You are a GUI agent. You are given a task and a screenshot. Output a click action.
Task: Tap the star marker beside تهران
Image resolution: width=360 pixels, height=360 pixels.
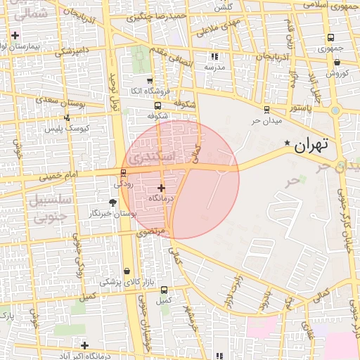coord(287,143)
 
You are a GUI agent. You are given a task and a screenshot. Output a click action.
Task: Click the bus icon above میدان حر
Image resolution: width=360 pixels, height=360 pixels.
coord(266,110)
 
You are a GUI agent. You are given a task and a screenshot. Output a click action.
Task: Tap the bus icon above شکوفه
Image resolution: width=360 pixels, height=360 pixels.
coord(157,105)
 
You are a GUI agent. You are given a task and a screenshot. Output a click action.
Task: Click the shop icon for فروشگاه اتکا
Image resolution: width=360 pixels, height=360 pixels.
coord(150,81)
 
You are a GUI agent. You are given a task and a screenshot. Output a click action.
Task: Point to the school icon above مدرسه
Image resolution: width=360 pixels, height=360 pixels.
coord(214,56)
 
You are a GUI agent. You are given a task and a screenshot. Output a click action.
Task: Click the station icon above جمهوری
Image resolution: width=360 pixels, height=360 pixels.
coord(330,38)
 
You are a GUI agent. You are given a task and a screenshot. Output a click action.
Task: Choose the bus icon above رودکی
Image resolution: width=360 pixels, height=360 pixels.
coord(124,173)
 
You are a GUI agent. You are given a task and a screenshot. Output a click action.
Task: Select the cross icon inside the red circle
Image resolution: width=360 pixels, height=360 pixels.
coord(162,188)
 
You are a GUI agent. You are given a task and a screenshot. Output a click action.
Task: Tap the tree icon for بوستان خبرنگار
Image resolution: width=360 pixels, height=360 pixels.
coord(112,202)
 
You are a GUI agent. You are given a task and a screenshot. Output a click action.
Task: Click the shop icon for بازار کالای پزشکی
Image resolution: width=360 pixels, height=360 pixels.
coord(127,271)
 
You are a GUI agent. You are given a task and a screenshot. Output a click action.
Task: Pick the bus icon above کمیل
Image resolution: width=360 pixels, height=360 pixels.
coord(164,290)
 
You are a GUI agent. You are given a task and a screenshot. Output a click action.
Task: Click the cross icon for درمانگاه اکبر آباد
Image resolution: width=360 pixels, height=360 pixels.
coord(84,345)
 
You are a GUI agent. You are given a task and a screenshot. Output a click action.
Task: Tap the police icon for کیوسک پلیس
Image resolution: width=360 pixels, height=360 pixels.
coord(67,118)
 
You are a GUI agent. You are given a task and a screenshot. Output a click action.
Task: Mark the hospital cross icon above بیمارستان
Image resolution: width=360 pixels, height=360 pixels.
coord(15,34)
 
